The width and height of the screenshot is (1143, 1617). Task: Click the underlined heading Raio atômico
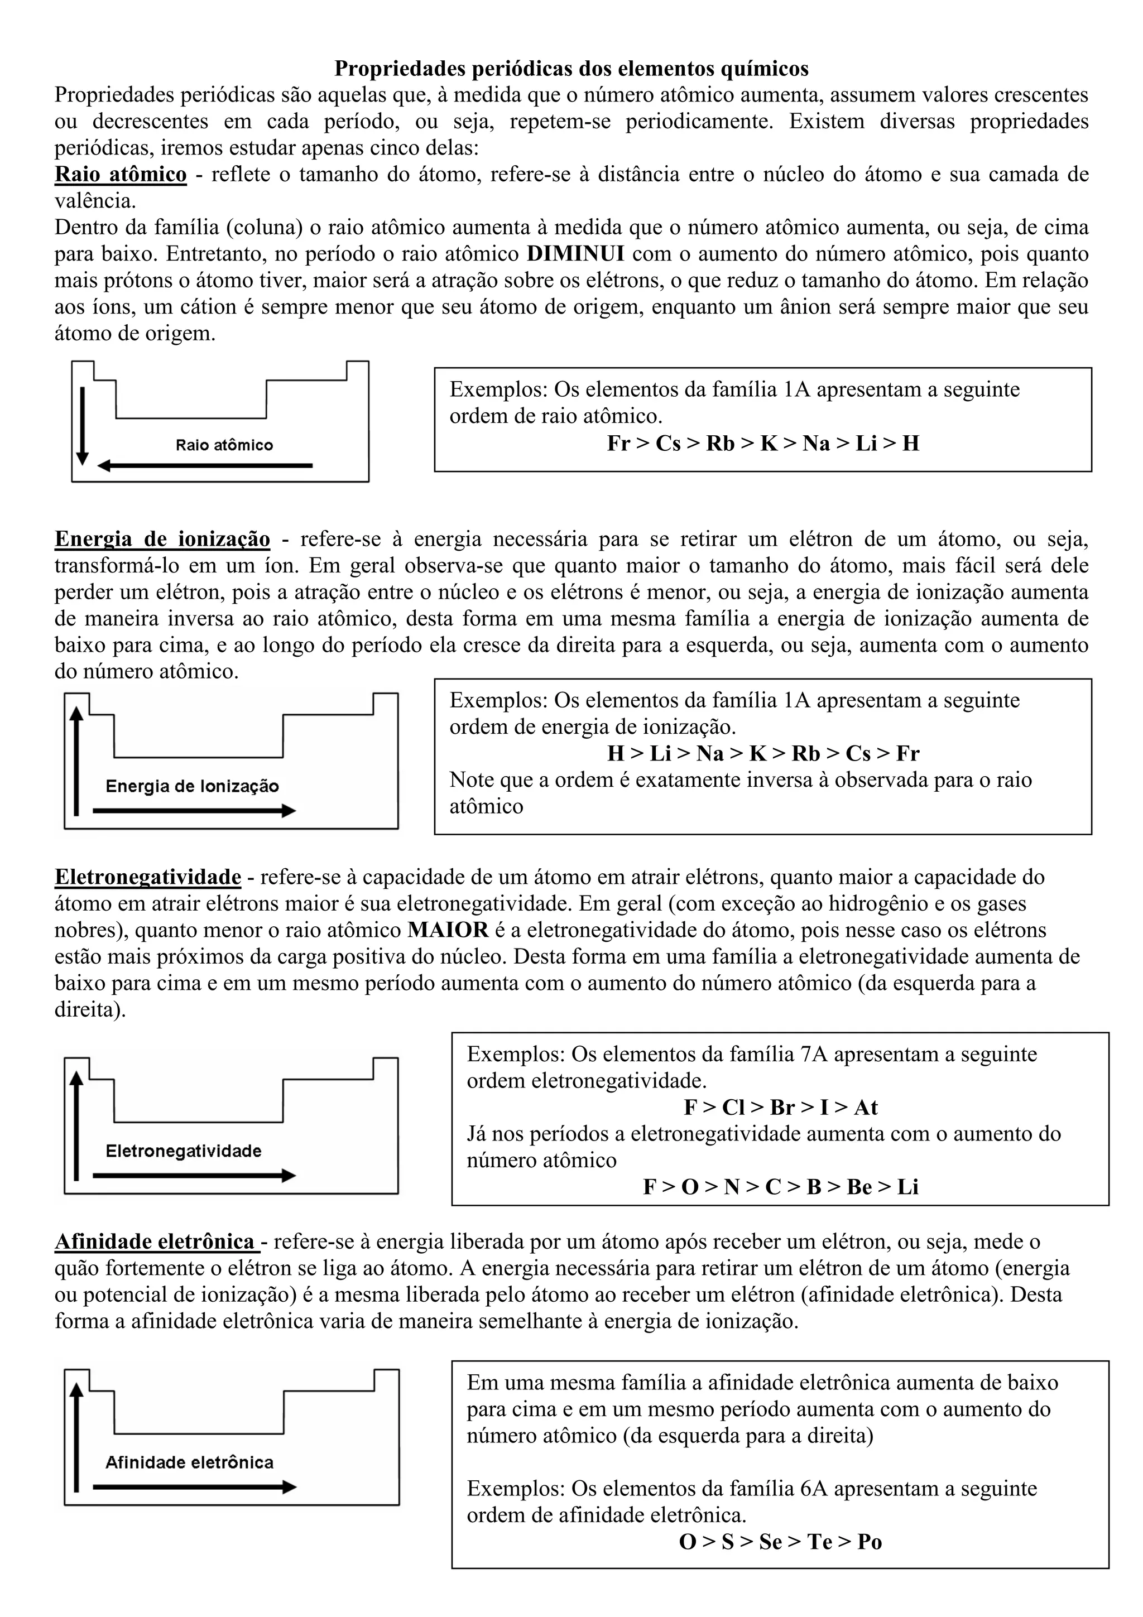(121, 174)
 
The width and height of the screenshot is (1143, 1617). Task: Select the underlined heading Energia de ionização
(162, 539)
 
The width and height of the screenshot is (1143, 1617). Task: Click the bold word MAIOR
(448, 930)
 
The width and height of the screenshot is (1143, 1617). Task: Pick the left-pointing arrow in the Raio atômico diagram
(204, 465)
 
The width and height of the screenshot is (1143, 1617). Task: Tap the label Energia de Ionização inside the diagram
(192, 787)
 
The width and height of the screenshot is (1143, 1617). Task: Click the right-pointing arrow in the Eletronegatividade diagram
(194, 1176)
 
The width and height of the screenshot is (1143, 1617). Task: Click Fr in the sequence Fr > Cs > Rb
(618, 444)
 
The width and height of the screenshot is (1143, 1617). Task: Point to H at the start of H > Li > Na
(615, 754)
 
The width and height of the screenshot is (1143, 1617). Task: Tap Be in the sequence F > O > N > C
(859, 1187)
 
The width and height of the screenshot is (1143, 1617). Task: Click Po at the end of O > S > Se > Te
(870, 1542)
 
